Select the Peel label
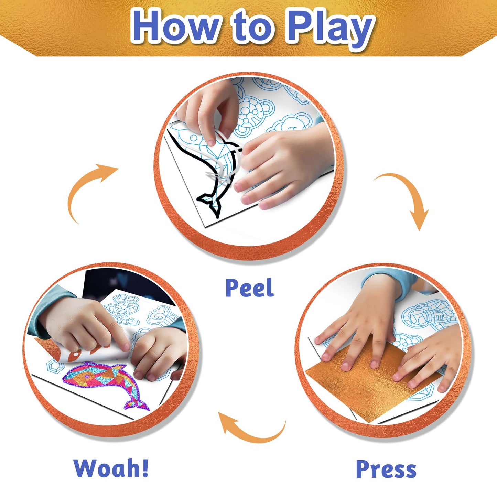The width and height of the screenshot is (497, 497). click(x=249, y=288)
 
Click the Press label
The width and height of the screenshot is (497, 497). click(x=386, y=469)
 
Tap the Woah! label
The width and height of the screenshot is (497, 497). click(x=111, y=468)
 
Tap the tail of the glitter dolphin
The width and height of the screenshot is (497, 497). click(x=138, y=402)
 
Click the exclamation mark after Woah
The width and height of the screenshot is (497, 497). click(x=144, y=468)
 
